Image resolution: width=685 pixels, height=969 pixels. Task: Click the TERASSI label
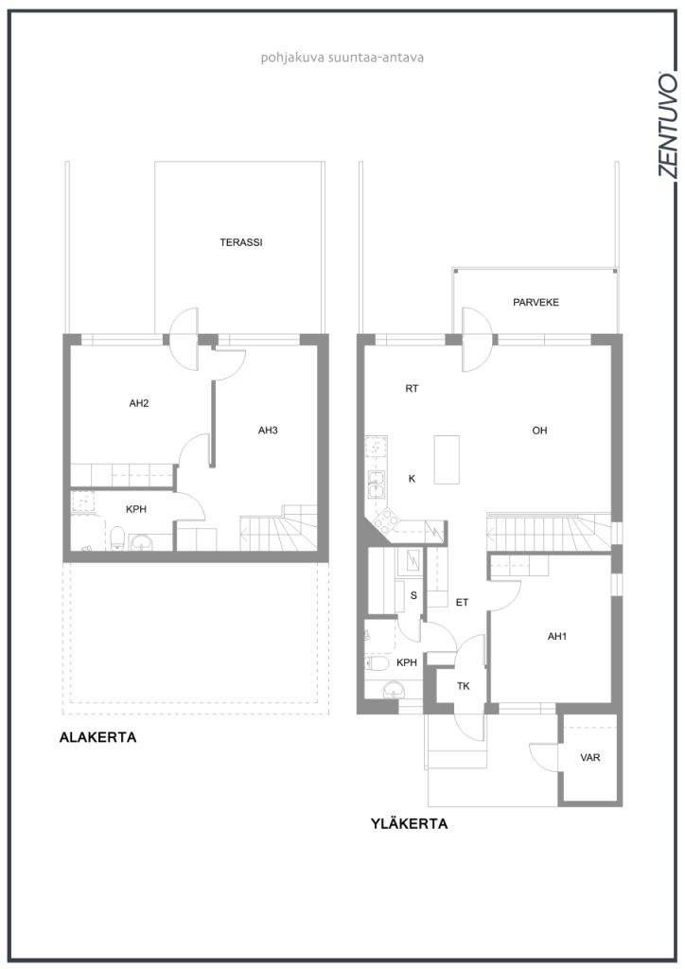point(241,242)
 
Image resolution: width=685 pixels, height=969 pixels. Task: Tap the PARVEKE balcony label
point(536,302)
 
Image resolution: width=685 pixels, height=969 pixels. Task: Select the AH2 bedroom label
point(139,403)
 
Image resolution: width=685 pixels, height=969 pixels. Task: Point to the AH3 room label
point(268,431)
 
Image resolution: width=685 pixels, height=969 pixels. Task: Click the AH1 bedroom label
point(557,636)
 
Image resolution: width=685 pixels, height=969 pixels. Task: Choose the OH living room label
point(539,431)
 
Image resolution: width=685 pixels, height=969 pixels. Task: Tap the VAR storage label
point(589,757)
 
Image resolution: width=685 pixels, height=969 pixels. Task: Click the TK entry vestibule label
point(464,686)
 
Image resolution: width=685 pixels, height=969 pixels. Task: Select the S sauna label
point(413,596)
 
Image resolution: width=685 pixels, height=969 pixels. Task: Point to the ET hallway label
point(462,602)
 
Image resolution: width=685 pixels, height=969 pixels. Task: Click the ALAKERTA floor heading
point(97,737)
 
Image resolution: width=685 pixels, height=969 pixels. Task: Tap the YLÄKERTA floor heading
point(409,824)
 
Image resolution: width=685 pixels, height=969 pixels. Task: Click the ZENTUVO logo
point(667,124)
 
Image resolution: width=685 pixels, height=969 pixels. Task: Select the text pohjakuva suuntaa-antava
point(342,58)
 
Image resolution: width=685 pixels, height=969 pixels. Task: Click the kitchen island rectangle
point(447,459)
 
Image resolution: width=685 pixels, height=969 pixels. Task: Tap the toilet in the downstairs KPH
point(117,537)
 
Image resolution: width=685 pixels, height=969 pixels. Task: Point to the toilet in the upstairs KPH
point(377,663)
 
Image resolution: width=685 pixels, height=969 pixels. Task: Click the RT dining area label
point(412,389)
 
